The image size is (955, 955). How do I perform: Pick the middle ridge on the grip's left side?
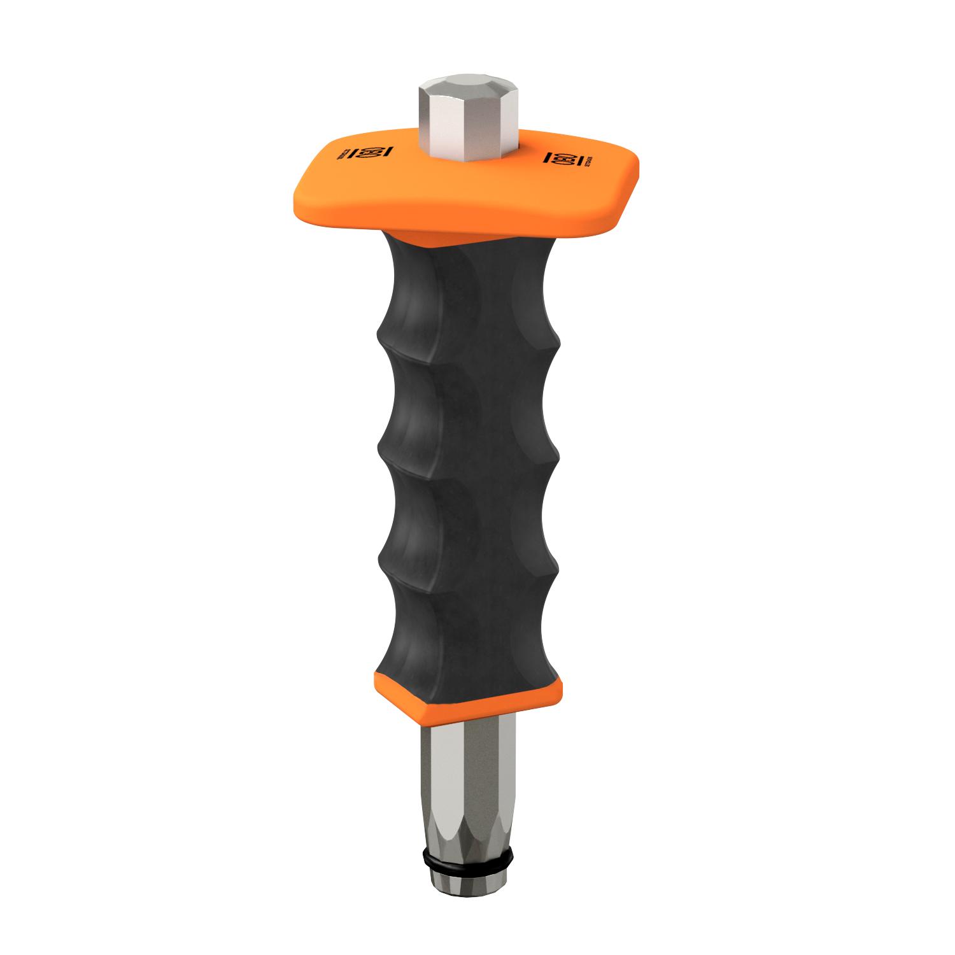point(381,448)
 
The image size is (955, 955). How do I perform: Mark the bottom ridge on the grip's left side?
point(381,561)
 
